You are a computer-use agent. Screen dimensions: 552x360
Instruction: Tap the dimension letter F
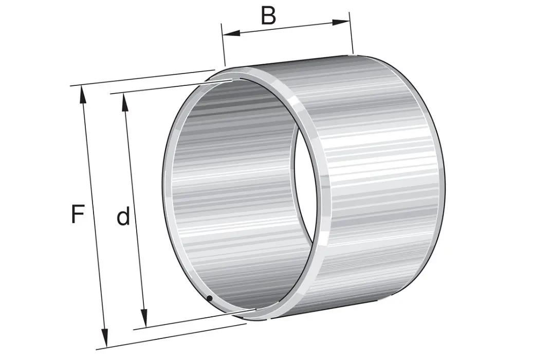point(78,214)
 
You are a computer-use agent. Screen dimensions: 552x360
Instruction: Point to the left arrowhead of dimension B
point(231,33)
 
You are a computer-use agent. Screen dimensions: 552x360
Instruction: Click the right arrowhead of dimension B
point(341,22)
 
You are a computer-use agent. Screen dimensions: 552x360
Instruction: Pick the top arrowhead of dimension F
point(83,95)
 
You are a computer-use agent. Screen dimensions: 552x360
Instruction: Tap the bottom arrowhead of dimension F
point(104,337)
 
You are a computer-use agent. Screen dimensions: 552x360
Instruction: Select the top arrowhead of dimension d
point(124,102)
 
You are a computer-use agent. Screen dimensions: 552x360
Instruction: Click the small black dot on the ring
point(210,298)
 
